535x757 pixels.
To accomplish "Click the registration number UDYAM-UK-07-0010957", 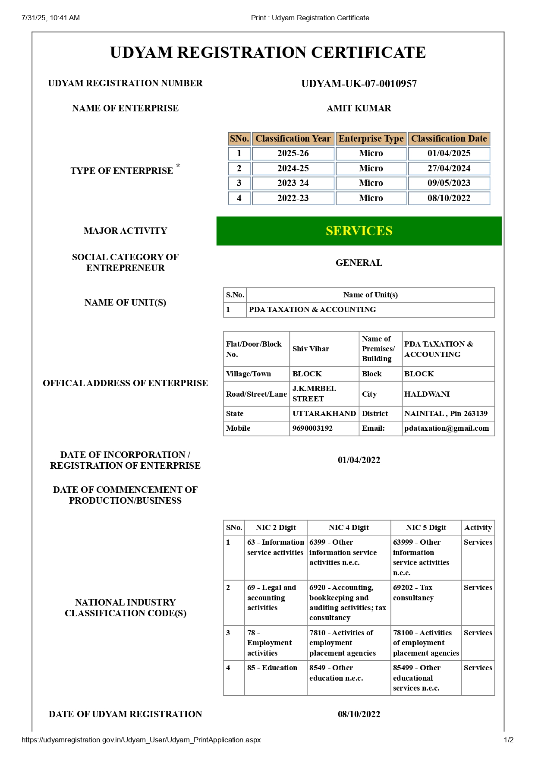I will (x=359, y=84).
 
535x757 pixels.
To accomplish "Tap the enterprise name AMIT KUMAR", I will (x=359, y=108).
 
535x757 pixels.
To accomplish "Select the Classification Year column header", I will (x=293, y=139).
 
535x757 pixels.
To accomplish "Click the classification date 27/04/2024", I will (x=449, y=168).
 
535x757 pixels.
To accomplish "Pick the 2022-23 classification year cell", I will (x=293, y=198).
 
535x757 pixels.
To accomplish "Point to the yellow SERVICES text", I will (x=359, y=231).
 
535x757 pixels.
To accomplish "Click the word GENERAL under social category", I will (x=359, y=263).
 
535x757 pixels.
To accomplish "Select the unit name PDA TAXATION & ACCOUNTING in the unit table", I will (x=312, y=309).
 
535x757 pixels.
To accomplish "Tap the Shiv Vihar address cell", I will (x=311, y=349).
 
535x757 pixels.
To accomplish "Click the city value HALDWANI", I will (x=427, y=394).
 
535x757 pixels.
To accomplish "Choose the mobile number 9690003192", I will (x=312, y=428).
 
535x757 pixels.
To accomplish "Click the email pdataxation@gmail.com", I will (x=447, y=428).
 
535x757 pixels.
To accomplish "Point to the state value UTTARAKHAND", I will (x=324, y=413).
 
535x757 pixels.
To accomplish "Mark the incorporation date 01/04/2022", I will (x=359, y=460).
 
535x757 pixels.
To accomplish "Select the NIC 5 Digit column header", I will (x=426, y=527).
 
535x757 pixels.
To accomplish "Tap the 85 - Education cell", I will (x=272, y=668).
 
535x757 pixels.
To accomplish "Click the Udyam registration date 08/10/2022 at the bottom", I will (x=359, y=714).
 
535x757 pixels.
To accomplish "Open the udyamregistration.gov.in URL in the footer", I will (x=141, y=740).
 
